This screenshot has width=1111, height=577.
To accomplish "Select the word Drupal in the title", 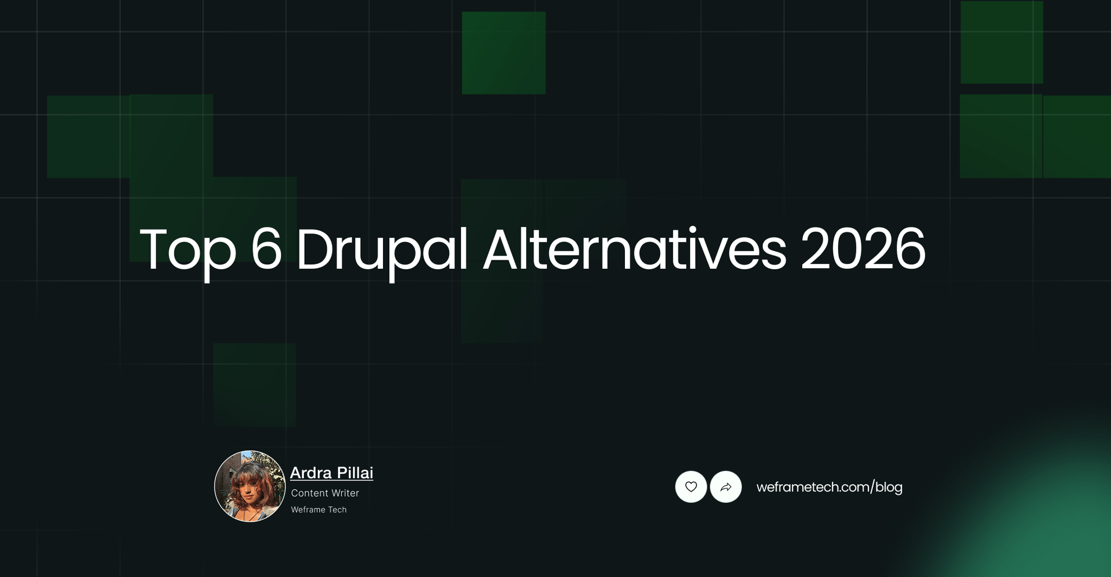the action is pyautogui.click(x=381, y=251).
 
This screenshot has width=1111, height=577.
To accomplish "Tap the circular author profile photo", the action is pyautogui.click(x=250, y=486).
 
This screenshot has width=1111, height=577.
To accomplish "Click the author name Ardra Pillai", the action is pyautogui.click(x=331, y=473).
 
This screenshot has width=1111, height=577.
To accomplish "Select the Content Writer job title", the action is pyautogui.click(x=325, y=493).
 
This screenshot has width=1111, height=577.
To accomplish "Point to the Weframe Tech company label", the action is pyautogui.click(x=318, y=510).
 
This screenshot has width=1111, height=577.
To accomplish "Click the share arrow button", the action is pyautogui.click(x=726, y=487).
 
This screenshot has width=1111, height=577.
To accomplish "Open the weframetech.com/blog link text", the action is pyautogui.click(x=829, y=487).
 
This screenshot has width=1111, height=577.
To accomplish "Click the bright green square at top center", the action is pyautogui.click(x=503, y=53).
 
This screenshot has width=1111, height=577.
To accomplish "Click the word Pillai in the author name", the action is pyautogui.click(x=355, y=473).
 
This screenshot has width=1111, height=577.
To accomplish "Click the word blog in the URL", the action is pyautogui.click(x=889, y=487).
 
